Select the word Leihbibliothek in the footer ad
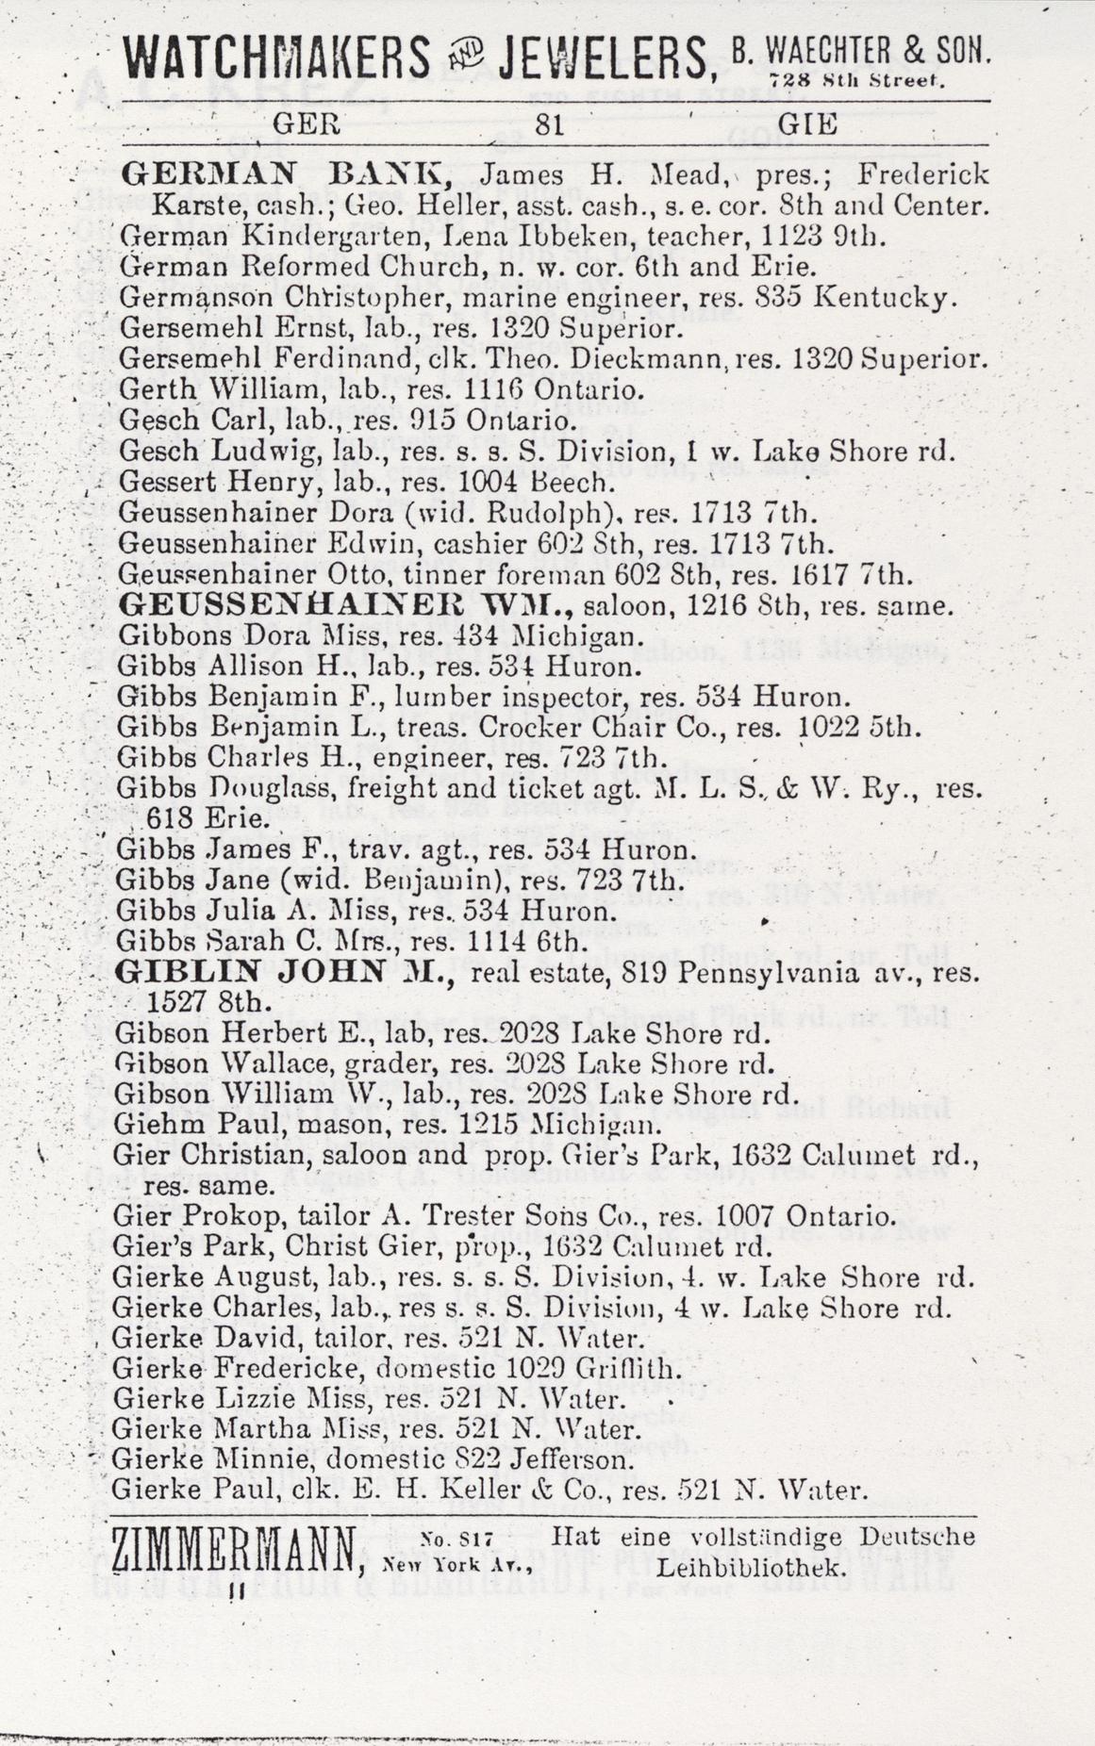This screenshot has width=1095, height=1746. pyautogui.click(x=750, y=1568)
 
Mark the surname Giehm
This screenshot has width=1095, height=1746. pyautogui.click(x=143, y=1125)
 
